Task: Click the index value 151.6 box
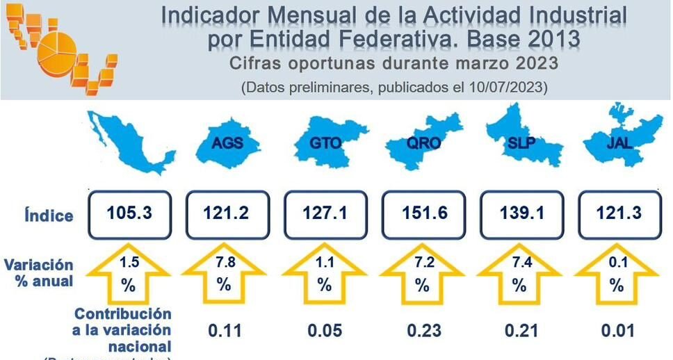(422, 213)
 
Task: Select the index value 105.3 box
(129, 213)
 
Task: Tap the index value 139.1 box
(519, 213)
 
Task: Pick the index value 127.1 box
(324, 213)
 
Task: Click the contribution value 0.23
(422, 330)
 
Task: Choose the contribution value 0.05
(324, 330)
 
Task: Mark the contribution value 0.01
(617, 330)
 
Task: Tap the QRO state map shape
(422, 142)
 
